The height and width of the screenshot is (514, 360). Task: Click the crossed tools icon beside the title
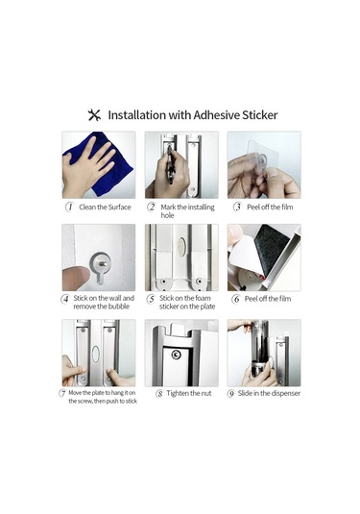(x=94, y=115)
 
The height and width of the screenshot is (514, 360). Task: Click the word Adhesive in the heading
(x=217, y=115)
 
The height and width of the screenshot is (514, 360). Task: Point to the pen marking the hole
(x=170, y=164)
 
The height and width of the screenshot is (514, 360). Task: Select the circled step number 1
(x=69, y=208)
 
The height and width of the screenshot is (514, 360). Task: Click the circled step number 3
(x=237, y=208)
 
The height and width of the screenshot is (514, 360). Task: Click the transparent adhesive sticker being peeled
(x=261, y=159)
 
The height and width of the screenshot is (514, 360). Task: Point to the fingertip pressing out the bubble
(x=75, y=278)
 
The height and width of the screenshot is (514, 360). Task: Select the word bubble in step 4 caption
(x=119, y=306)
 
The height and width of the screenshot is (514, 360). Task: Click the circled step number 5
(x=151, y=299)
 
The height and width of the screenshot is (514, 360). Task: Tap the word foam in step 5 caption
(x=203, y=298)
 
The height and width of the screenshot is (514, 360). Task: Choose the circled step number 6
(x=236, y=299)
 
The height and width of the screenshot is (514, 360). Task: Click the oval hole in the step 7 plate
(x=95, y=354)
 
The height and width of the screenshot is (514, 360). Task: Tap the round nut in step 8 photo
(x=176, y=355)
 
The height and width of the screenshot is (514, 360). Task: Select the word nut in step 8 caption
(x=205, y=393)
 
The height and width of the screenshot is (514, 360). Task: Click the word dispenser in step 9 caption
(x=284, y=393)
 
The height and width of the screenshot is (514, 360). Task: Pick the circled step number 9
(x=231, y=393)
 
